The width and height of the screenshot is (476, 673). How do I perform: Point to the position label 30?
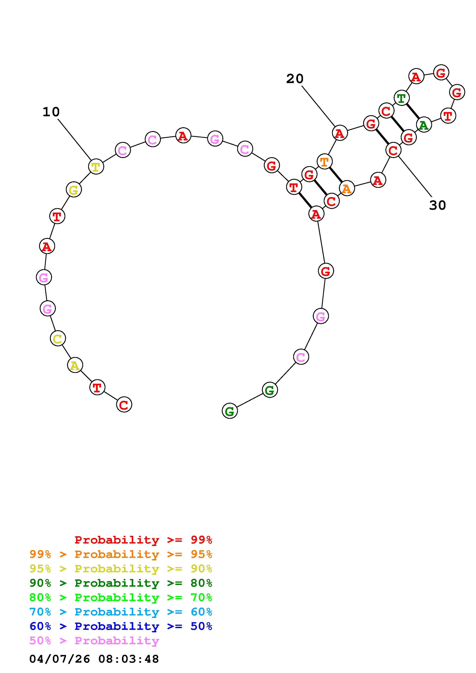click(x=437, y=205)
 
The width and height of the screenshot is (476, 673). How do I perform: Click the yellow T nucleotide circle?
click(x=96, y=167)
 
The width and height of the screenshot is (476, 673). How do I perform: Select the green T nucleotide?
click(x=401, y=98)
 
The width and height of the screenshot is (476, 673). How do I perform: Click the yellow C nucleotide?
click(x=58, y=339)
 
